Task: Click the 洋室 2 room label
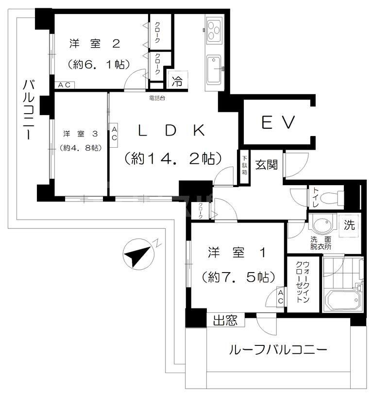pyautogui.click(x=95, y=44)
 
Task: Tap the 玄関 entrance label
pyautogui.click(x=267, y=165)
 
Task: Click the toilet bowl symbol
pyautogui.click(x=331, y=198)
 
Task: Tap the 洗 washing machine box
pyautogui.click(x=350, y=226)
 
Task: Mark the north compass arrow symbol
pyautogui.click(x=137, y=254)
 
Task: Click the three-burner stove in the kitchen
pyautogui.click(x=213, y=29)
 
